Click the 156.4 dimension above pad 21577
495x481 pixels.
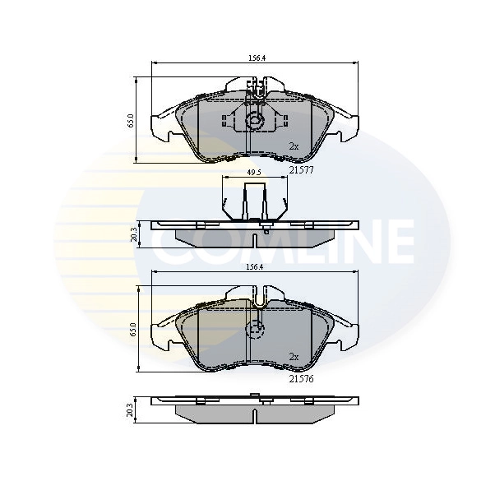(x=257, y=58)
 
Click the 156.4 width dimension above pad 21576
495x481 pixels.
(x=257, y=266)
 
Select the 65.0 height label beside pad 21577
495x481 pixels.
(x=130, y=121)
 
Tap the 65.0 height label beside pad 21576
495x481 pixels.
(x=130, y=329)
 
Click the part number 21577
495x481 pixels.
(x=301, y=170)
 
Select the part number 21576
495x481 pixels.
(x=301, y=379)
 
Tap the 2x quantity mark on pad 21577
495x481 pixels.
(x=294, y=146)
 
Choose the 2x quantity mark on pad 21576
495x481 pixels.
(x=294, y=356)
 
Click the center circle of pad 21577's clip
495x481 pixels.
(x=255, y=123)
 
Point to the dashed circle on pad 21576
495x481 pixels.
(x=256, y=331)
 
